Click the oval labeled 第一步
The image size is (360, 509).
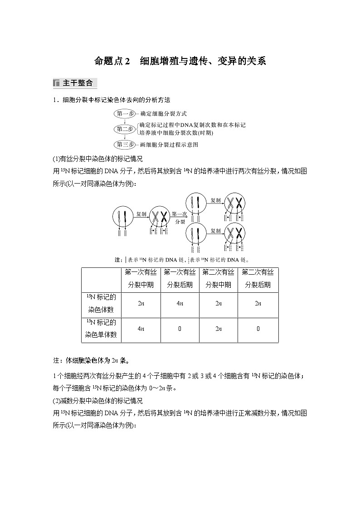pos(124,114)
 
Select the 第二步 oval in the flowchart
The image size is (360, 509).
pos(124,129)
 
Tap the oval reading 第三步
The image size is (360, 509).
pos(124,145)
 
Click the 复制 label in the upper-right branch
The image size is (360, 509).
pos(215,199)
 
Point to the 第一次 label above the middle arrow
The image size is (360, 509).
pos(180,214)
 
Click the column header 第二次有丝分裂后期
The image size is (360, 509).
pos(258,278)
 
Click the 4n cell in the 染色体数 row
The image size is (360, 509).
pos(180,304)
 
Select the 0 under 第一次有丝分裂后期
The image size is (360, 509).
pos(180,329)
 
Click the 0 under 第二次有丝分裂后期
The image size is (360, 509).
pos(258,329)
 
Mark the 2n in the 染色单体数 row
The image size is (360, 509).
pos(219,329)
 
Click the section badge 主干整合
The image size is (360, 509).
pos(75,83)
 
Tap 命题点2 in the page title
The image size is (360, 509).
pos(112,61)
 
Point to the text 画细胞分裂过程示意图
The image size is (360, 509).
pos(169,145)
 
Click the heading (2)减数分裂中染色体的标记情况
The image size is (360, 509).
pos(98,401)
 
